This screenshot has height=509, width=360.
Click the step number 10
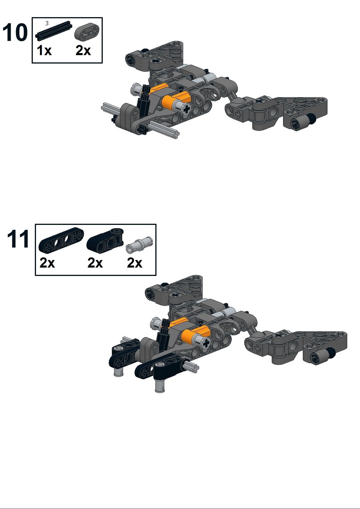15,33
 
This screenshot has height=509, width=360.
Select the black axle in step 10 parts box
54,30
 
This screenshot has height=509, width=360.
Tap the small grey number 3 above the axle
47,23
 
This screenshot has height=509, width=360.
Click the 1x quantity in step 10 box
44,51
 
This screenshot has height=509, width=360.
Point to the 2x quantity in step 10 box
83,51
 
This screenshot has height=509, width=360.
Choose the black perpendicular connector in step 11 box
105,240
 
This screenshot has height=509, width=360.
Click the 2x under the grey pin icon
134,263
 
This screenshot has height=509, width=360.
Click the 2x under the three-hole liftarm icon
47,263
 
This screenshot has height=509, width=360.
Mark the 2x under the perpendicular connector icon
95,263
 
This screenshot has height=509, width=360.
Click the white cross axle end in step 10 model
187,109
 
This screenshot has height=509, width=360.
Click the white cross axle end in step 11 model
206,344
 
